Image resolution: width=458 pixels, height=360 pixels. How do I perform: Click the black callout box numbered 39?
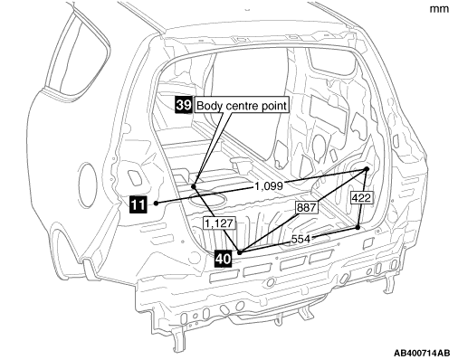point(184,105)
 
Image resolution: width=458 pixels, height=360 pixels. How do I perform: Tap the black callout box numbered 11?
point(138,204)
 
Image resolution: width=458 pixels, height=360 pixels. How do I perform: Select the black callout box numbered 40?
point(223,259)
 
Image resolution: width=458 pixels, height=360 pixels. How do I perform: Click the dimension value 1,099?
point(269,186)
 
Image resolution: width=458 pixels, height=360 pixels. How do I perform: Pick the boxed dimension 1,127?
point(219,223)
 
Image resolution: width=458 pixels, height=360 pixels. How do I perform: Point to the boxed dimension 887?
point(306,207)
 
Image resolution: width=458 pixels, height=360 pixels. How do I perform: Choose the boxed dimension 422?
point(361,198)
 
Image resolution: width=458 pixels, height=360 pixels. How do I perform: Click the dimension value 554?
point(301,239)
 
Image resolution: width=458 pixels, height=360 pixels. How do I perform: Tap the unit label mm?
point(439,9)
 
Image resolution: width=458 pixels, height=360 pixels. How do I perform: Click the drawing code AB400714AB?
point(422,353)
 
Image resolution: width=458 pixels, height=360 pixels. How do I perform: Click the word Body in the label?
point(210,106)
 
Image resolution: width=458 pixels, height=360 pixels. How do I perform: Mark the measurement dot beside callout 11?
point(156,204)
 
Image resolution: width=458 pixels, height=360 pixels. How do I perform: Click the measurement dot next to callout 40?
point(240,252)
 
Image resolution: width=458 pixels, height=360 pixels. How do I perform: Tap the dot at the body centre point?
point(194,186)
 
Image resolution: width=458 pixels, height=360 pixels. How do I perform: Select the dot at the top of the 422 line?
point(367,169)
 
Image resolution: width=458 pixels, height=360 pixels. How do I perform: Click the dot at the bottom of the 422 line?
point(358,228)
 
